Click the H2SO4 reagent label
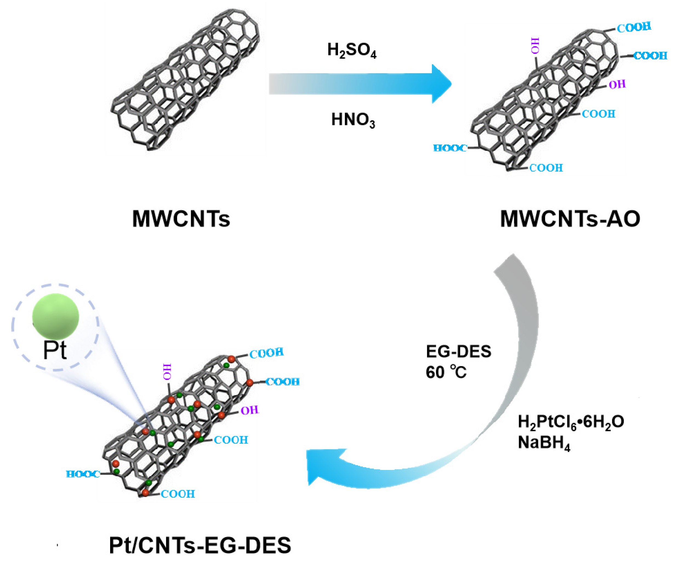click(352, 51)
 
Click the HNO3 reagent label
click(353, 120)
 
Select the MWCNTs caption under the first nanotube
click(181, 219)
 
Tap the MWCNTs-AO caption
click(570, 219)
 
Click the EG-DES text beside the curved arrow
click(458, 352)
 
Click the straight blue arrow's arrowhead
click(442, 84)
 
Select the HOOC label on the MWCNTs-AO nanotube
click(450, 148)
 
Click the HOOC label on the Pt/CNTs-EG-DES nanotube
click(83, 474)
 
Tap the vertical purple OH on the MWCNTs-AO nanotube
click(535, 46)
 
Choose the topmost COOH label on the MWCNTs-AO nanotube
click(634, 28)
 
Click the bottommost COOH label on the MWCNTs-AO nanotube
click(546, 168)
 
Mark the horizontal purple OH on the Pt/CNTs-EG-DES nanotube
click(249, 411)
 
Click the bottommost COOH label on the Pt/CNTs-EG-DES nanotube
click(178, 494)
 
